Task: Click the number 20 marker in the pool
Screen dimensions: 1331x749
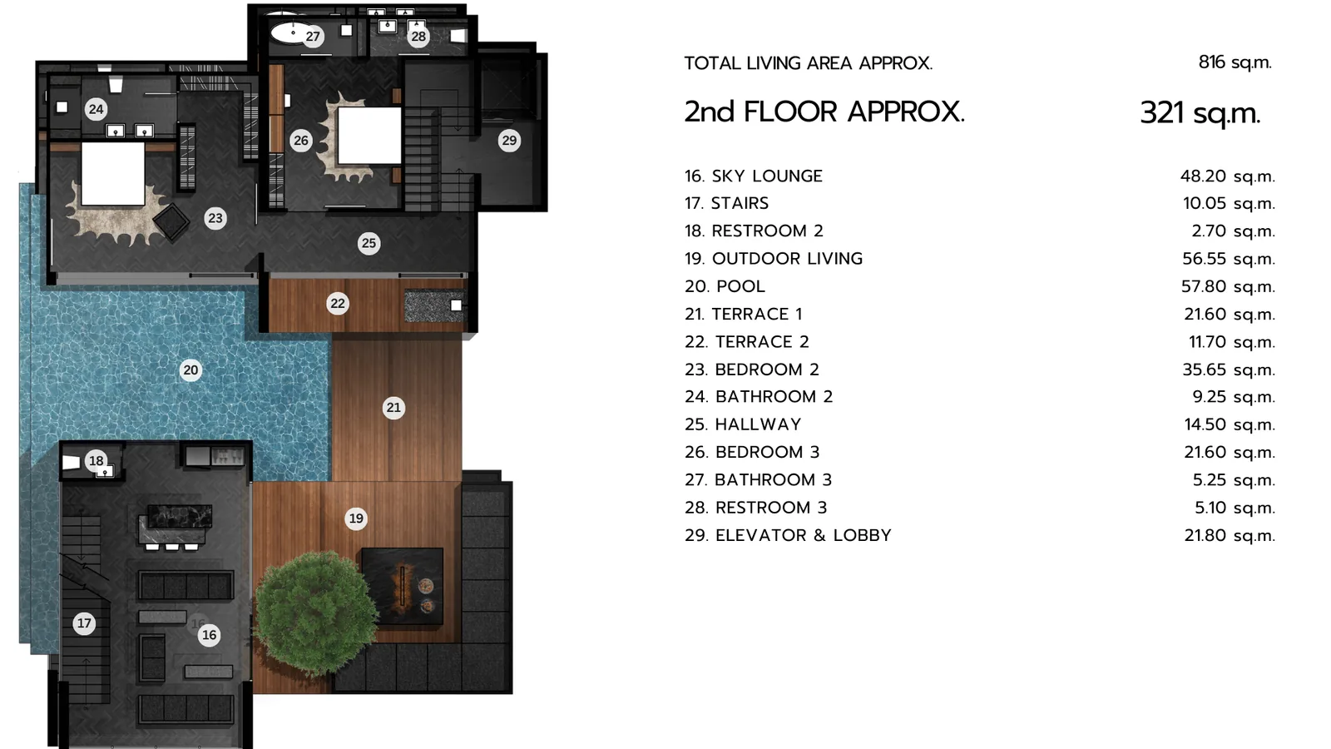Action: tap(190, 370)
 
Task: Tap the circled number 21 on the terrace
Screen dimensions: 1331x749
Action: tap(393, 407)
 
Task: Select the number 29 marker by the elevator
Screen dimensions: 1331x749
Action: tap(509, 141)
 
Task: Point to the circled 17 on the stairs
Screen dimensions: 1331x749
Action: tap(84, 623)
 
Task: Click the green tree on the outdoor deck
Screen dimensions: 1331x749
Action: tap(315, 613)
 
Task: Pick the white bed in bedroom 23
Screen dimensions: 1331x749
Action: tap(113, 174)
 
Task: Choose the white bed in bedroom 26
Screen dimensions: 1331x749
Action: tap(369, 136)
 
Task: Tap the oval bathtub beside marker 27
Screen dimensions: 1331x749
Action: tap(290, 33)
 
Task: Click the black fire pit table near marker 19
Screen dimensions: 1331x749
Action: tap(403, 586)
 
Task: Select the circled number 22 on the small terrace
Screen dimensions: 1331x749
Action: tap(338, 304)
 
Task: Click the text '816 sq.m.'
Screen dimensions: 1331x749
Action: tap(1235, 62)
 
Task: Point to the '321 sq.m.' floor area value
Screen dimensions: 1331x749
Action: tap(1200, 113)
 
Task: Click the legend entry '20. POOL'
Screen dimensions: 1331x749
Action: tap(725, 286)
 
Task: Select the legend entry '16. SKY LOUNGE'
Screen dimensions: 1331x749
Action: tap(754, 176)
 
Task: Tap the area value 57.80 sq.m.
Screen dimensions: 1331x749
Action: tap(1228, 286)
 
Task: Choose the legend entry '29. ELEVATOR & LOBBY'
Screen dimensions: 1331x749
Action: tap(788, 536)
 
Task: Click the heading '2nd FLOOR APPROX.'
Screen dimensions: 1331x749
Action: tap(824, 112)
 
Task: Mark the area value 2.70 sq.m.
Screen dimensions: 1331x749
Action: tap(1234, 231)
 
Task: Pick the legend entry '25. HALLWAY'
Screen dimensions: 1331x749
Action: tap(743, 424)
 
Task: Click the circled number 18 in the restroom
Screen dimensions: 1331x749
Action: tap(96, 460)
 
